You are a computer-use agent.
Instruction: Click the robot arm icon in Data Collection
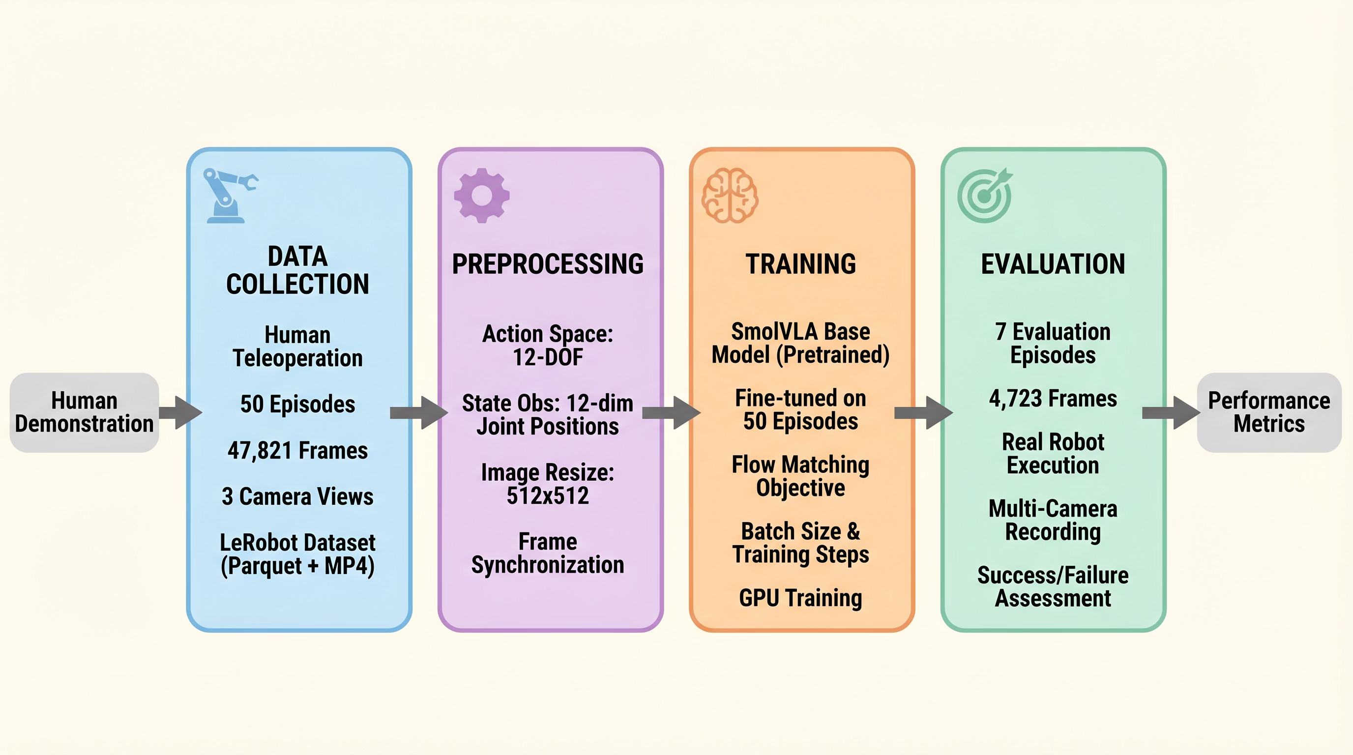tap(229, 195)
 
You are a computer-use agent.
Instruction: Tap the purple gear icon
tap(482, 195)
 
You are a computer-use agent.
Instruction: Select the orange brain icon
tap(730, 195)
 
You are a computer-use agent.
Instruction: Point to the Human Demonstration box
tap(84, 412)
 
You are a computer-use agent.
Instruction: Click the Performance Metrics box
tap(1268, 412)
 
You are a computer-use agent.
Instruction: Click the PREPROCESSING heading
tap(548, 264)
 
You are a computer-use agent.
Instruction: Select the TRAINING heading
tap(800, 264)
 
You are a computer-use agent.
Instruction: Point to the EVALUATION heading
tap(1053, 264)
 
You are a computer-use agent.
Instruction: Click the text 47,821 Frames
tap(298, 450)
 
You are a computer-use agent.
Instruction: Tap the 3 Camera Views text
tap(298, 496)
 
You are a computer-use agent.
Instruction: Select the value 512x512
tap(548, 495)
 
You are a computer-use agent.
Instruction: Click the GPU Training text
tap(800, 598)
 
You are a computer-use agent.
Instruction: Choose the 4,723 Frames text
tap(1053, 399)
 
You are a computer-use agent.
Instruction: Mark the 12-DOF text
tap(548, 357)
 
